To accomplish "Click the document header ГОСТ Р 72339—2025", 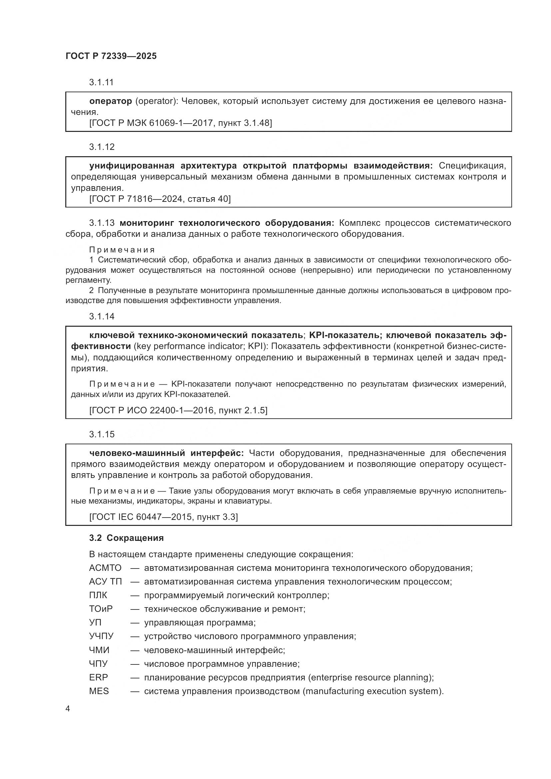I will pyautogui.click(x=111, y=56).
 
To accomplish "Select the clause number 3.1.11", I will pyautogui.click(x=101, y=82).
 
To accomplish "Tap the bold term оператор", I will pyautogui.click(x=111, y=101).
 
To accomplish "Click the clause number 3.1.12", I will pyautogui.click(x=102, y=147).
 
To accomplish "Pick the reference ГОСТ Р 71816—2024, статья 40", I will pyautogui.click(x=160, y=199).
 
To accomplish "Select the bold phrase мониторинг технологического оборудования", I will pyautogui.click(x=227, y=223).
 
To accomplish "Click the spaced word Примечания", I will pyautogui.click(x=122, y=250).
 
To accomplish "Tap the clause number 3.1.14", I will pyautogui.click(x=102, y=316).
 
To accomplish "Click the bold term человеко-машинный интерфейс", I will pyautogui.click(x=166, y=453).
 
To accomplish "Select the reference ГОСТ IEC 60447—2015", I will pyautogui.click(x=141, y=517).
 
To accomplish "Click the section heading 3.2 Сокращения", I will pyautogui.click(x=126, y=538).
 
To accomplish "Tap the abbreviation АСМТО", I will pyautogui.click(x=105, y=568).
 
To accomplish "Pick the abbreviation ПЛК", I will pyautogui.click(x=98, y=595).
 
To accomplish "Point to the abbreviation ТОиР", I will pyautogui.click(x=100, y=609).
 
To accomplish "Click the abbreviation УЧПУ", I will pyautogui.click(x=101, y=636).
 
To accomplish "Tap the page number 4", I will pyautogui.click(x=68, y=709).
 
